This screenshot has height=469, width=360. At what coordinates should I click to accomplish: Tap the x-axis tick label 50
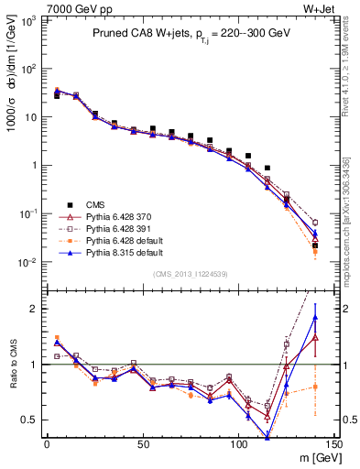point(143,445)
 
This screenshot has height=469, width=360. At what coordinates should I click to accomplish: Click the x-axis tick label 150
point(334,445)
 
